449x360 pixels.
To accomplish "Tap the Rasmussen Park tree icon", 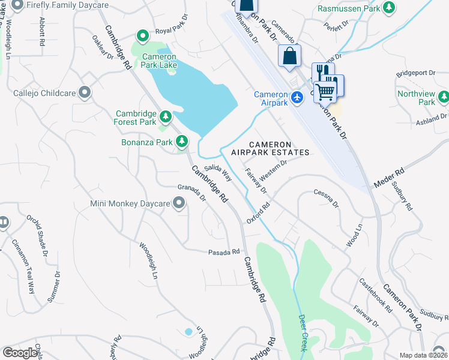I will [x=390, y=7].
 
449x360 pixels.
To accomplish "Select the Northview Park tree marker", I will [x=443, y=97].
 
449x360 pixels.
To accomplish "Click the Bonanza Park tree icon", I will [x=182, y=142].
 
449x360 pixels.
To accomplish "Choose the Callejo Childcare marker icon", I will [x=85, y=93].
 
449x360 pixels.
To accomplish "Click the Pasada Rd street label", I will [x=224, y=253].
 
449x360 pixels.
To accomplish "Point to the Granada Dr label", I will [x=191, y=193].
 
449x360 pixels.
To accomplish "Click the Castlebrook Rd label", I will [x=376, y=295].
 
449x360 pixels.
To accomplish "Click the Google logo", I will [x=20, y=352].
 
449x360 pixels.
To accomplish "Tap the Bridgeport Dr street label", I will [x=416, y=73].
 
